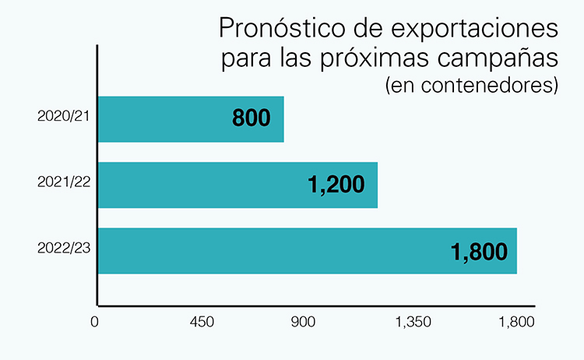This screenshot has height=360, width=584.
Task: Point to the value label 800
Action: coord(251,119)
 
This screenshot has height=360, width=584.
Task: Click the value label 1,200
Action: coord(336,185)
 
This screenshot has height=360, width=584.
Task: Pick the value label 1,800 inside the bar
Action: coord(479,252)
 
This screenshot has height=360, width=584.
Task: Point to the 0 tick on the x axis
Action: coord(96,323)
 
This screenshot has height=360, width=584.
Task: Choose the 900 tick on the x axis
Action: coord(306,323)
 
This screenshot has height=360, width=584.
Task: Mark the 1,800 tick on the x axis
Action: coord(516,323)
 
